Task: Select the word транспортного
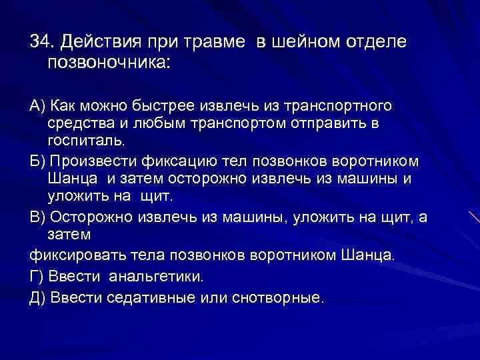pos(338,106)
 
